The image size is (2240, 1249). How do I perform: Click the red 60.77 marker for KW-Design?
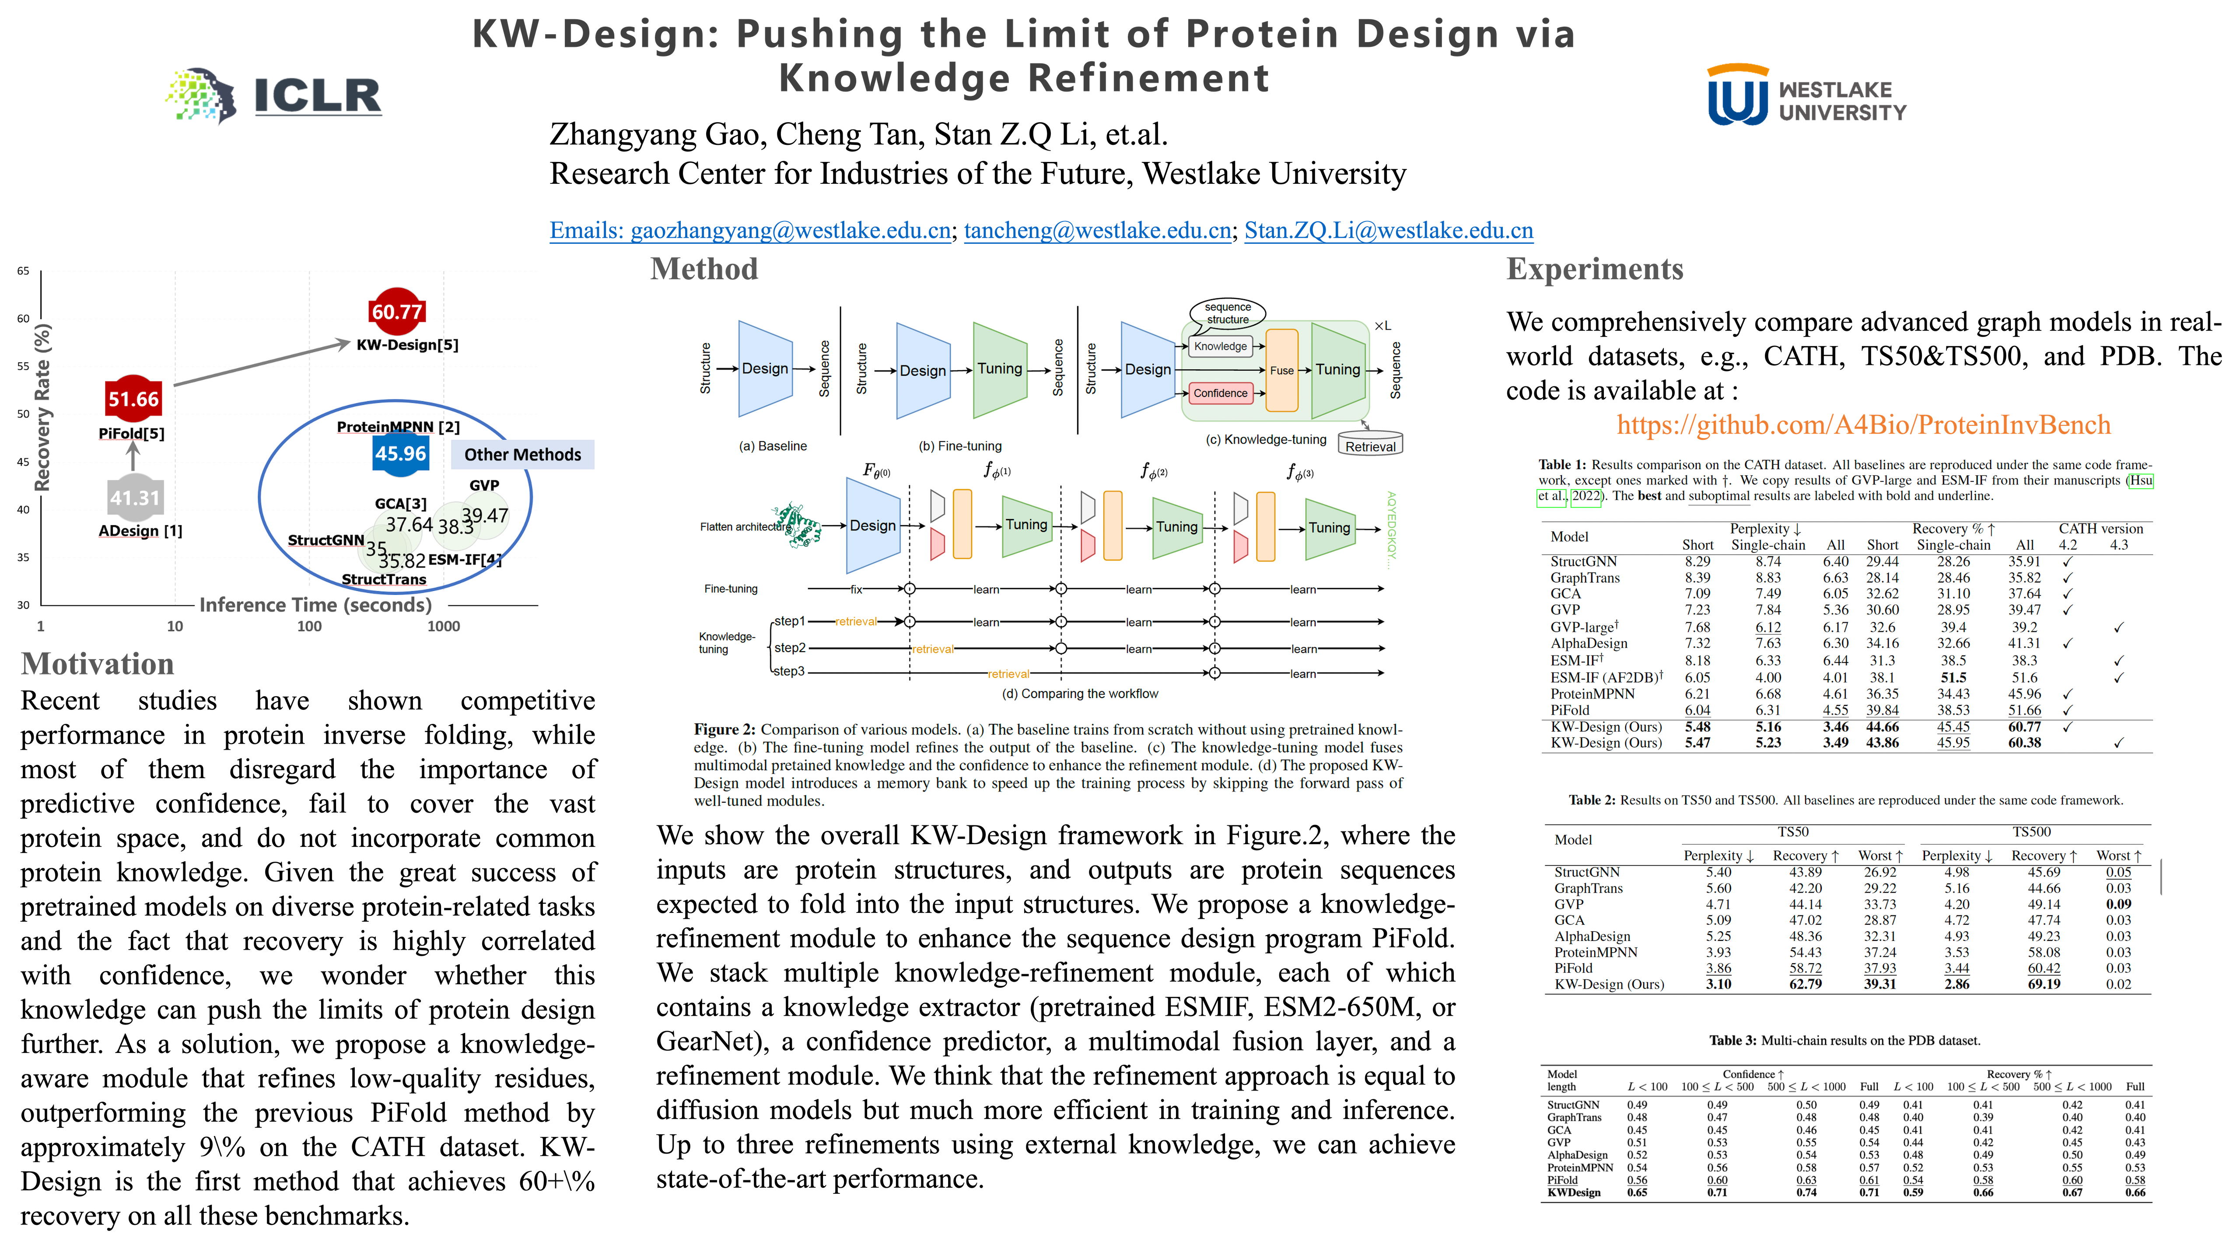coord(396,312)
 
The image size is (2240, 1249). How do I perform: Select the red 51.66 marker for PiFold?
coord(133,399)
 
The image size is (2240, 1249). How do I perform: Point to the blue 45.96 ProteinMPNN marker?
coord(400,453)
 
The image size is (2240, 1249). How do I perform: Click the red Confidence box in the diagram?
coord(1220,393)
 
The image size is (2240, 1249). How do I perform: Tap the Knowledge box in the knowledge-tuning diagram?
coord(1220,346)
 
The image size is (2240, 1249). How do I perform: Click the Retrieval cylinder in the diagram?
coord(1369,445)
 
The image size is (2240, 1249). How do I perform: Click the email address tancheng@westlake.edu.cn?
coord(1097,231)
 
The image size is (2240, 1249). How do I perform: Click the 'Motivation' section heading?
coord(98,664)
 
